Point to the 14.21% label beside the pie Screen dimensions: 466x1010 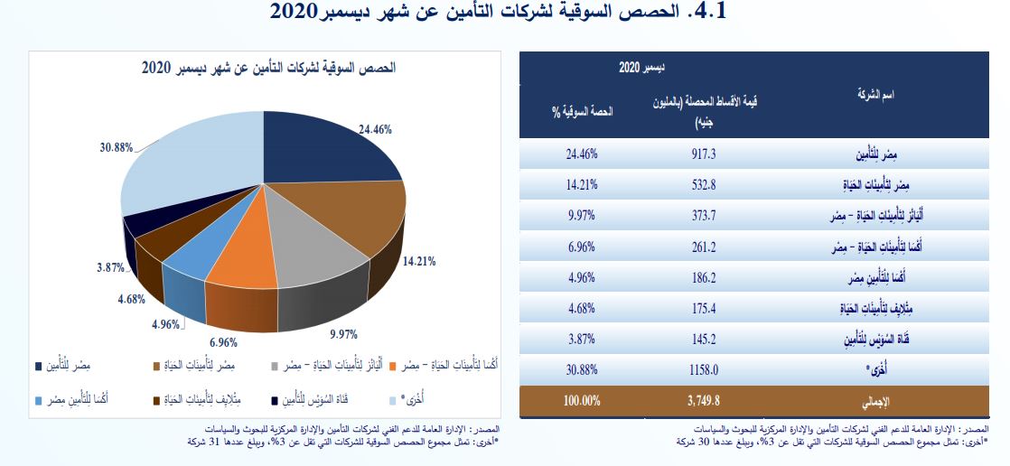(x=420, y=261)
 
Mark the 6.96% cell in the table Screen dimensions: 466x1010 (x=582, y=247)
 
